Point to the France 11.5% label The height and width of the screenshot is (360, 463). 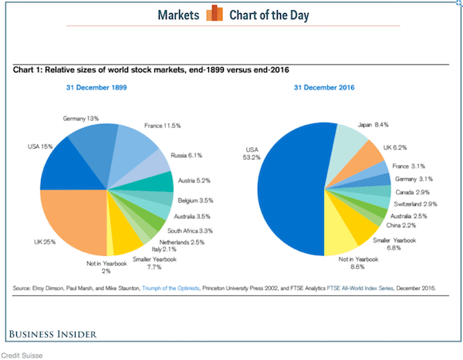pyautogui.click(x=162, y=125)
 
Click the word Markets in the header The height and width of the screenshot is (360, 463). pyautogui.click(x=179, y=15)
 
